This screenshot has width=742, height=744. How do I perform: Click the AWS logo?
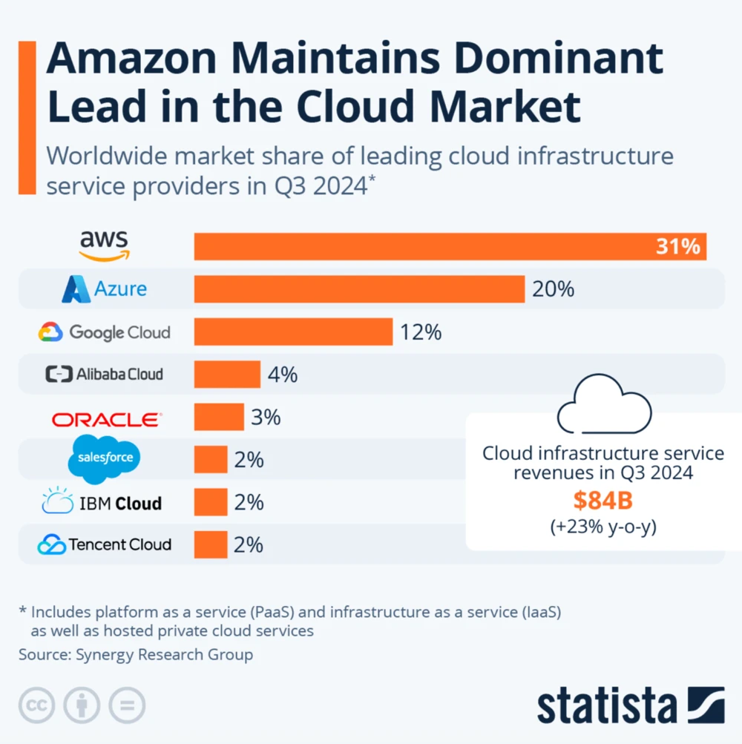[105, 246]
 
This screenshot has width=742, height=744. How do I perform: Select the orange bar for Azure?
[359, 289]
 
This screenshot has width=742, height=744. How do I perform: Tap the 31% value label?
[677, 246]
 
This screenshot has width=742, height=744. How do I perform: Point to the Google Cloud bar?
[293, 332]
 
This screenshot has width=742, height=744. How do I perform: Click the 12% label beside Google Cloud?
[421, 332]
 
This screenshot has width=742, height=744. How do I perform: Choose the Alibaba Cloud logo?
[104, 374]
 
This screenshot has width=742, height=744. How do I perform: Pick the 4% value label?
[283, 375]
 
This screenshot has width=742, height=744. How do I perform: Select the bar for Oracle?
[219, 417]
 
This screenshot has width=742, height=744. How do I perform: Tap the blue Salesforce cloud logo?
[105, 459]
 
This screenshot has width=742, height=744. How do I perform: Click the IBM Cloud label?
[102, 503]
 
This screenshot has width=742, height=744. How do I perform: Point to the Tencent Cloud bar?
[211, 544]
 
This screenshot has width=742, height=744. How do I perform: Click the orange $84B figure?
[603, 501]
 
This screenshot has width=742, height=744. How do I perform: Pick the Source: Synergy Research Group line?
[136, 654]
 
